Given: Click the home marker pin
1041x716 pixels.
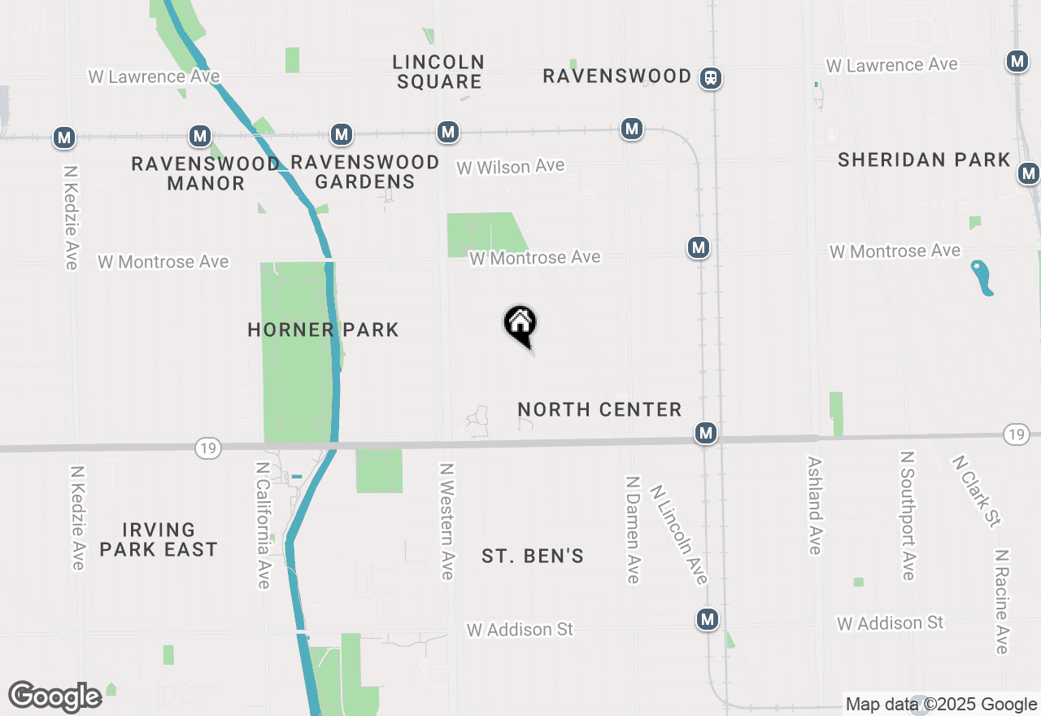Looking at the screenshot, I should pos(520,325).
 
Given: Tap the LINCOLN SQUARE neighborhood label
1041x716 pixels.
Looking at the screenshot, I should pos(438,72).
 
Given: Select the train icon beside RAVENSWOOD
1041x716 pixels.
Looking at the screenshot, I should pos(711,77).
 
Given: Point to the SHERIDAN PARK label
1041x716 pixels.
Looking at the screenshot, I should pos(924,159).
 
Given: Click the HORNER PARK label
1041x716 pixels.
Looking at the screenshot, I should pos(323,330).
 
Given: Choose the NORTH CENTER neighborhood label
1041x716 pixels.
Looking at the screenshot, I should pos(599,409).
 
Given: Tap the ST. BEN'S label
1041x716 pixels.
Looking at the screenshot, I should pos(533,557).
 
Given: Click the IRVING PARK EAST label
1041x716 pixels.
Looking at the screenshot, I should pos(159,539).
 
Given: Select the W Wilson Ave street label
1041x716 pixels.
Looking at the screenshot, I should pos(510,167).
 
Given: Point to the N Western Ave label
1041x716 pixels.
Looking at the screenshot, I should pos(446,522).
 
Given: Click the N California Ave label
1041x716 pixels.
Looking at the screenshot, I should pos(263,525).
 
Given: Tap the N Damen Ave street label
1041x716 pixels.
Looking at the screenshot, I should pos(633,529).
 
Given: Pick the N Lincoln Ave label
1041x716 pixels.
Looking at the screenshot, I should pos(679,535).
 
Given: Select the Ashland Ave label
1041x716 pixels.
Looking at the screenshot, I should pos(815,504).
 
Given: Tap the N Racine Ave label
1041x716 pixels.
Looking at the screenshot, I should pos(1002,600).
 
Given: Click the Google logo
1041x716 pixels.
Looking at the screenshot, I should pos(54,696).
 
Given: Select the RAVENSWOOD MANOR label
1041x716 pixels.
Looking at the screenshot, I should pos(206,173).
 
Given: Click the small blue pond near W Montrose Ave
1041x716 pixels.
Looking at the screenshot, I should pos(982,277).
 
